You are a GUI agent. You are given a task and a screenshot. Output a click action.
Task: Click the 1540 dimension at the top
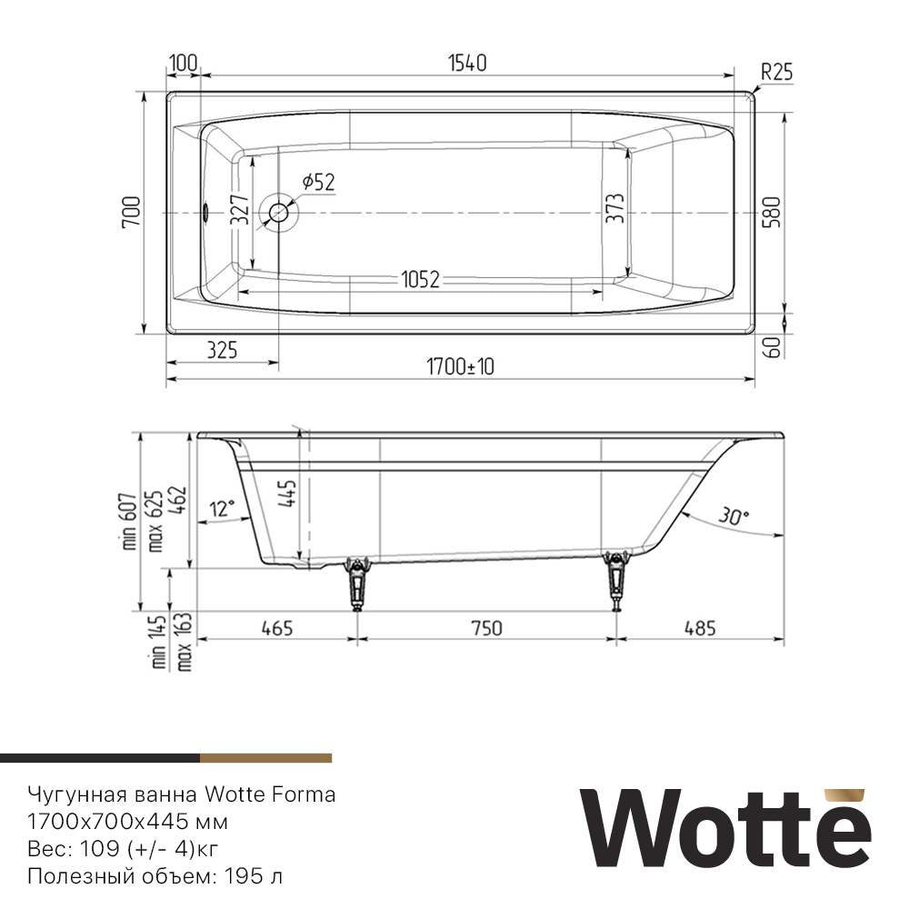(x=467, y=63)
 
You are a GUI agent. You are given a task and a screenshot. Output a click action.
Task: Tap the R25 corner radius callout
(x=776, y=73)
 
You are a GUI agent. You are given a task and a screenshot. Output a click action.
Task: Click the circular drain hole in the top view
(x=278, y=213)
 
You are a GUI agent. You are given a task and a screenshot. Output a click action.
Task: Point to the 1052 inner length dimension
(x=418, y=281)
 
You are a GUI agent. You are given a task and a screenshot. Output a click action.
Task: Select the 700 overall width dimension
(x=130, y=213)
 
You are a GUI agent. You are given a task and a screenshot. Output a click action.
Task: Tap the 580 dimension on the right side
(x=773, y=213)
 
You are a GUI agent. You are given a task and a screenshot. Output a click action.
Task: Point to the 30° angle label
(x=734, y=515)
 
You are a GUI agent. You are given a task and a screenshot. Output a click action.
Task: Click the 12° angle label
(x=221, y=506)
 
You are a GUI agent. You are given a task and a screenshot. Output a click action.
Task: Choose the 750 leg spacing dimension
(x=486, y=627)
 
